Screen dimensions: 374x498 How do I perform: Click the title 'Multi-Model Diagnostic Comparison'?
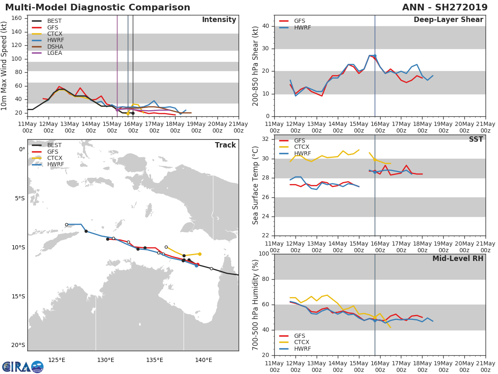click(x=98, y=7)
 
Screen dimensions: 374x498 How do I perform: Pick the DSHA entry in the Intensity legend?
click(x=55, y=47)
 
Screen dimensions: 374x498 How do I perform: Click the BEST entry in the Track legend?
click(x=54, y=145)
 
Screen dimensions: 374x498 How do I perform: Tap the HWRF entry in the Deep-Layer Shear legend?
click(x=302, y=27)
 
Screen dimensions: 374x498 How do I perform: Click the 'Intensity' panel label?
click(x=219, y=20)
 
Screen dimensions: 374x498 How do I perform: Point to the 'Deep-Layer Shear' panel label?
click(x=448, y=20)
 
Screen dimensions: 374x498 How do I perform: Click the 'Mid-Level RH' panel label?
click(x=458, y=258)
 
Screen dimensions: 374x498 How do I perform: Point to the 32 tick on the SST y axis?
click(x=266, y=139)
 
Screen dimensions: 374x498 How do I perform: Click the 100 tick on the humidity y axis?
click(x=263, y=254)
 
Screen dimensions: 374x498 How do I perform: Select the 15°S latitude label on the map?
click(x=18, y=296)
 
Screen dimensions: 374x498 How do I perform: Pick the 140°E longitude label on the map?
click(x=203, y=360)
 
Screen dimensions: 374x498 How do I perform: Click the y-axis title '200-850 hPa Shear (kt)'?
click(x=256, y=66)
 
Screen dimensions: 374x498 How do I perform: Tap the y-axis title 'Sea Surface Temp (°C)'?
click(x=256, y=185)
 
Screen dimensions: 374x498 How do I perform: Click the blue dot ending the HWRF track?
click(x=196, y=266)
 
